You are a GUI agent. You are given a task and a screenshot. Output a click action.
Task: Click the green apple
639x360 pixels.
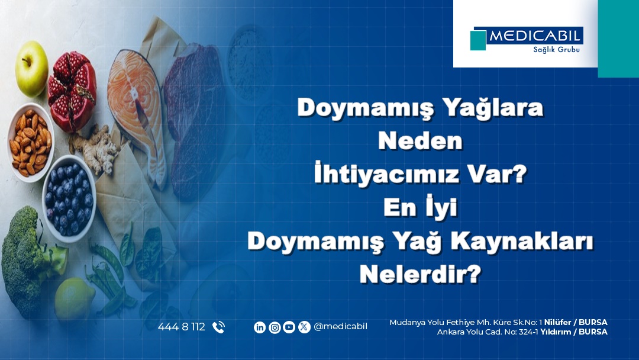(x=31, y=68)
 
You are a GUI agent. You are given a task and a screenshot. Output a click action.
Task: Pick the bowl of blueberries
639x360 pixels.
(x=69, y=198)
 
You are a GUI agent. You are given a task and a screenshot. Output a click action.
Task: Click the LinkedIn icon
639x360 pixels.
(x=260, y=327)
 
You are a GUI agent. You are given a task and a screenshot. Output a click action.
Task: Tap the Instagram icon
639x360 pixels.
(x=275, y=327)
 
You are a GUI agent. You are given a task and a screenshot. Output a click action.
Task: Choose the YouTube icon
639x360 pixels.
(x=289, y=327)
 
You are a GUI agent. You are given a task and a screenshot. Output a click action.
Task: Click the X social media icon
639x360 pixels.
(x=304, y=327)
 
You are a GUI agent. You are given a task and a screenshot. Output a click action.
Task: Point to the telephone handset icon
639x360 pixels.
(x=218, y=327)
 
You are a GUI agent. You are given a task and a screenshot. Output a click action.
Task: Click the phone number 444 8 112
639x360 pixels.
(x=182, y=327)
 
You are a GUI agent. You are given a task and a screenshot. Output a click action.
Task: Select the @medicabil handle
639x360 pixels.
(x=340, y=327)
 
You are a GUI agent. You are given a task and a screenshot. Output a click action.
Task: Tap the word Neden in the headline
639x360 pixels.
(x=420, y=141)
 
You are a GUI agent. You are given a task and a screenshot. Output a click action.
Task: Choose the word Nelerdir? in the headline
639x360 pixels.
(x=420, y=274)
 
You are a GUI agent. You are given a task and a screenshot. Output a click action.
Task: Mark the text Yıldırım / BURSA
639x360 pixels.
(x=574, y=332)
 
